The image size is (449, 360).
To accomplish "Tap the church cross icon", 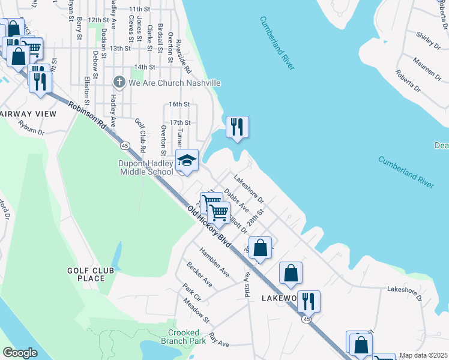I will tap(119, 83).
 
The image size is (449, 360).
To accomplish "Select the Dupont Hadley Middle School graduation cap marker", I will tap(187, 161).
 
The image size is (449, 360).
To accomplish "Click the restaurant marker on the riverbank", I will tap(237, 127).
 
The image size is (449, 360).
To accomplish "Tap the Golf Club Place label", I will tap(86, 275).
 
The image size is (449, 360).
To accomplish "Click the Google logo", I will tap(20, 353).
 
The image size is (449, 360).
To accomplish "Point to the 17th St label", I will tap(179, 122).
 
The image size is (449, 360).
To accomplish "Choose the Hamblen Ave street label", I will tap(214, 262).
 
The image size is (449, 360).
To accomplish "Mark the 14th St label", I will tap(145, 67).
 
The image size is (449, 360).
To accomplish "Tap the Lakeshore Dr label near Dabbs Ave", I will tap(249, 188).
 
